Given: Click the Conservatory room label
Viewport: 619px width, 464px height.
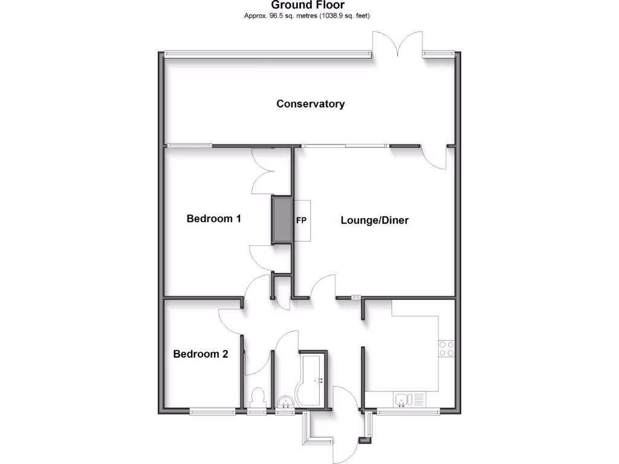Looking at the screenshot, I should click(x=311, y=104).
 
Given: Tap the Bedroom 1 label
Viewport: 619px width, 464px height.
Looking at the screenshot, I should click(x=214, y=219).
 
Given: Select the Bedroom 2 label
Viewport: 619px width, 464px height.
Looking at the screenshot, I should click(x=201, y=354).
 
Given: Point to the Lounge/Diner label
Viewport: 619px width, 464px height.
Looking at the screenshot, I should click(x=375, y=221).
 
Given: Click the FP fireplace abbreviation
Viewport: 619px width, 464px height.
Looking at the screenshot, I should click(x=300, y=220).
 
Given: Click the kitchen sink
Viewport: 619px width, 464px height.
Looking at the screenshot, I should click(x=403, y=399).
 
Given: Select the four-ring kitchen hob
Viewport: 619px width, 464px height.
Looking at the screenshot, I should click(x=447, y=349).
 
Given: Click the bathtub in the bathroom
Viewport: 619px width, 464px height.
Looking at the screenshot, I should click(x=312, y=379).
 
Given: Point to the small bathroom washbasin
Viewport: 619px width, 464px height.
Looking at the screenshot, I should click(x=284, y=402).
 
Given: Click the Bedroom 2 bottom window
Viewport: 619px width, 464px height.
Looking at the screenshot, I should click(x=212, y=413).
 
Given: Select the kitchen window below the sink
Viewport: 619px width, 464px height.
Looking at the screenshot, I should click(x=409, y=413).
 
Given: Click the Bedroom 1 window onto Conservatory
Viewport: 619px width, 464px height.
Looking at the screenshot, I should click(x=190, y=145).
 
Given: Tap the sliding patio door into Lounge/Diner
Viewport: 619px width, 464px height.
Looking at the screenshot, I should click(x=345, y=146).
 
